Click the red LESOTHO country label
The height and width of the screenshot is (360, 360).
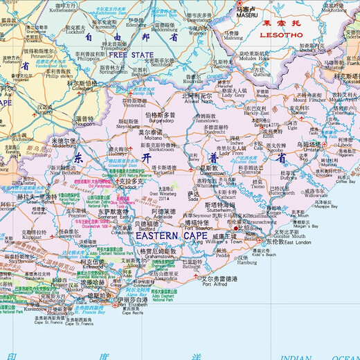point(280,33)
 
